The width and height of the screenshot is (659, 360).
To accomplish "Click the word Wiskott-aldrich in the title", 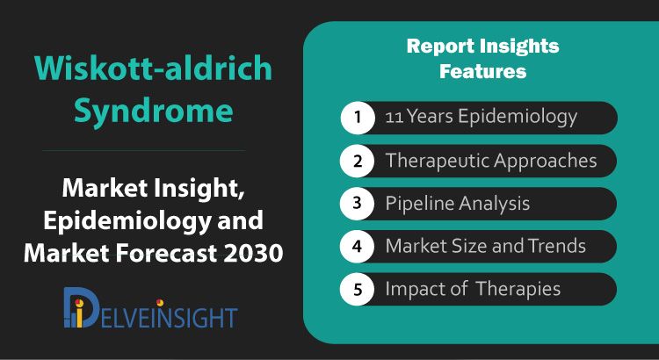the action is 154,68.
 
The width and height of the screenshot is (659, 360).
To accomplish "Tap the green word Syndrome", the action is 154,111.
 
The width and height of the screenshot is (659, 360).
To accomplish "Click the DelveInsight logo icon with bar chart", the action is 80,307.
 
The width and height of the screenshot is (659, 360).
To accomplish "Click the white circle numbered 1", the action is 358,117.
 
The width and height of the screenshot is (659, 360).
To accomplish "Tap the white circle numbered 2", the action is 358,161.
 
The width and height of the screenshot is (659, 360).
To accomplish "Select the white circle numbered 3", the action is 358,204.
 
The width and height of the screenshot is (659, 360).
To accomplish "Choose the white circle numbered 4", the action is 358,247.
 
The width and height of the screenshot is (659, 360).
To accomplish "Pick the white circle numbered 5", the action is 358,290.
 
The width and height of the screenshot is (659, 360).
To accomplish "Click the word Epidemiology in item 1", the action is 518,117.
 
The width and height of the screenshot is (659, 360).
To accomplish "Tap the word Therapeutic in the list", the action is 436,161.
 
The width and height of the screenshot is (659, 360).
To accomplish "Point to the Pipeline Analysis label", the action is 458,204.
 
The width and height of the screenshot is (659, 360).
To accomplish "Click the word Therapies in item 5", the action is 518,289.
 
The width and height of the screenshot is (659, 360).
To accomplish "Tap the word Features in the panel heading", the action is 483,71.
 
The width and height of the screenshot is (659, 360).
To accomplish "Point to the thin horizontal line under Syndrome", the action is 144,150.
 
